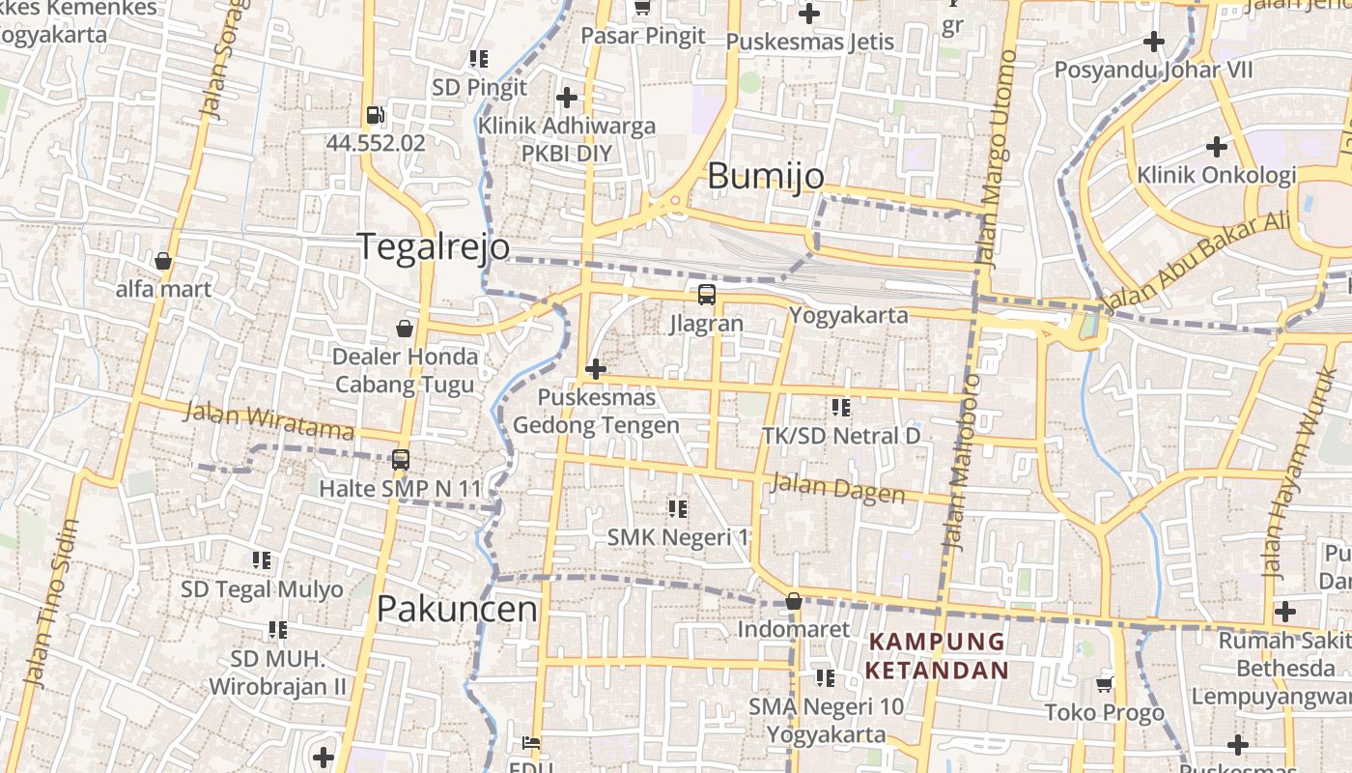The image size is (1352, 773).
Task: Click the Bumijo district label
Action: click(x=766, y=176)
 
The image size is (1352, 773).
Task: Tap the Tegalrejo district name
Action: click(x=434, y=246)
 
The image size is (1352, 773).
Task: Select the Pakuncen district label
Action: click(x=457, y=609)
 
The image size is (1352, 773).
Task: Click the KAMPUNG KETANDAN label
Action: click(x=936, y=656)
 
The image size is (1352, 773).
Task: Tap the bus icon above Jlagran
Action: click(x=707, y=295)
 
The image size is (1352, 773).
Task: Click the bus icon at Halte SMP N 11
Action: click(x=401, y=460)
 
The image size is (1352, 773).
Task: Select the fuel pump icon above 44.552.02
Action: click(x=375, y=115)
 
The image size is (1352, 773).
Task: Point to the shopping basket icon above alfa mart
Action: click(x=163, y=261)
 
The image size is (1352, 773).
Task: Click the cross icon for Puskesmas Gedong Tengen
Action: click(x=596, y=368)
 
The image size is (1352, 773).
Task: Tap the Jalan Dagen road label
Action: click(x=837, y=488)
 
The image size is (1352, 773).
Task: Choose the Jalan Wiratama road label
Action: click(x=268, y=420)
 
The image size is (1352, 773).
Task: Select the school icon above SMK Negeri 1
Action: click(x=678, y=508)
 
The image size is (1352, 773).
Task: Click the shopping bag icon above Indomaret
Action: click(x=793, y=601)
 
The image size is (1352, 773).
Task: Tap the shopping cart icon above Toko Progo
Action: click(x=1105, y=684)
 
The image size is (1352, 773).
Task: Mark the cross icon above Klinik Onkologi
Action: click(x=1217, y=147)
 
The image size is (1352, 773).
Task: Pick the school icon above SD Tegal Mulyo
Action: click(x=262, y=560)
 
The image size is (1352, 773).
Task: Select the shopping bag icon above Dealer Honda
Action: click(x=405, y=329)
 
